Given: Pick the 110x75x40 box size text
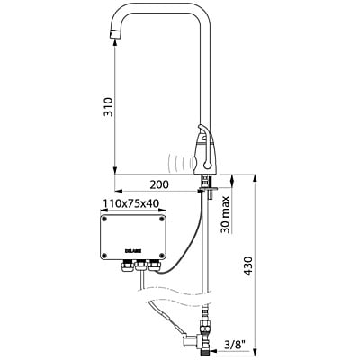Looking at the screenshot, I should click(x=131, y=204).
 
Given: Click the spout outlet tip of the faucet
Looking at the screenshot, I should click(x=114, y=35).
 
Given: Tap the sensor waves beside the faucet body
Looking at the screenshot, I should click(x=184, y=162).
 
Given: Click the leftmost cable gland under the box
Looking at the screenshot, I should click(x=124, y=267).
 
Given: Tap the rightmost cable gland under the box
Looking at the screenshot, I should click(x=155, y=267).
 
